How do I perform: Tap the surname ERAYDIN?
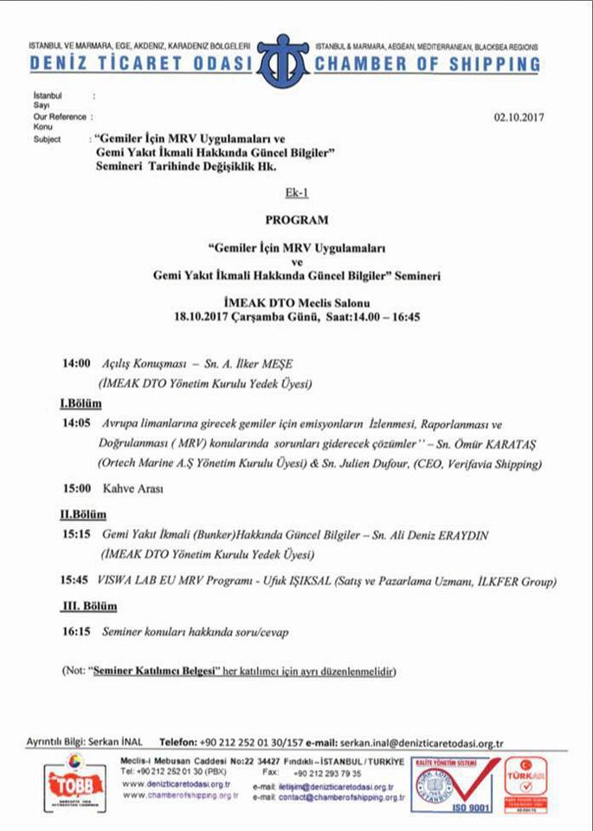(456, 536)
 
